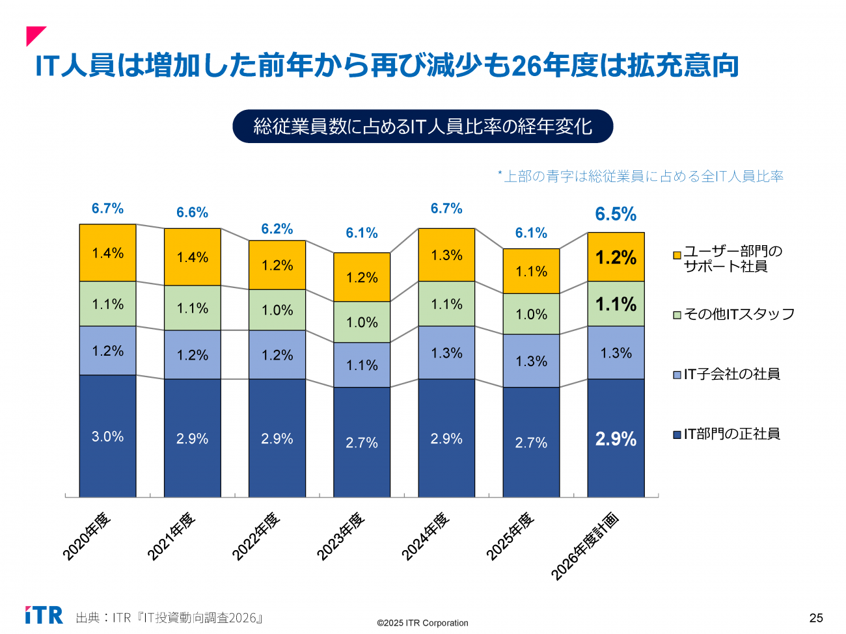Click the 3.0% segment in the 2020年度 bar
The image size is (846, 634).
click(x=107, y=436)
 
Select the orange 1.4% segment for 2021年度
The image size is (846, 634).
click(x=193, y=257)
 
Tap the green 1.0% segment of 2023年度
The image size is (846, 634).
click(x=362, y=322)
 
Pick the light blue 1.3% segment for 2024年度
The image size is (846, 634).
click(x=446, y=352)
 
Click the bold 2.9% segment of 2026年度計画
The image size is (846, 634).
click(x=616, y=439)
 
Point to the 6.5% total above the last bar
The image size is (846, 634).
click(x=616, y=214)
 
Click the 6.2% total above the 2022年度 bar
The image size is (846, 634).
click(x=277, y=229)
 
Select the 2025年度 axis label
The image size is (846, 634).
click(x=511, y=536)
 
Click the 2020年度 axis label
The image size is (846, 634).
click(x=87, y=536)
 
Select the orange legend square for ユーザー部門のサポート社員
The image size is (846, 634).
click(x=677, y=255)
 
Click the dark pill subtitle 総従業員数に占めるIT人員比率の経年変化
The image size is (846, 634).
click(x=423, y=126)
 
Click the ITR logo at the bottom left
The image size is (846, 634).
click(x=44, y=615)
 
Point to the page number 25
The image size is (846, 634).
click(x=816, y=618)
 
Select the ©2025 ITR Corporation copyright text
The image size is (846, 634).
click(x=422, y=623)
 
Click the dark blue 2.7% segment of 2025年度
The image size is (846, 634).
click(x=531, y=443)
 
